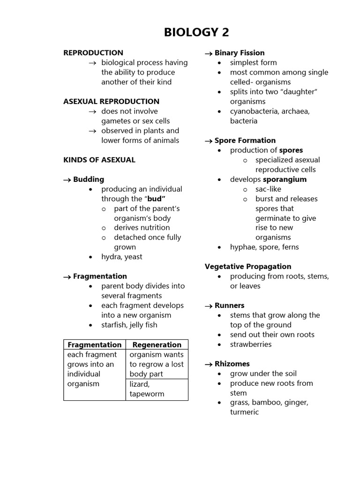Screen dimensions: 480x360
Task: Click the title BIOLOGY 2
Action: pyautogui.click(x=196, y=32)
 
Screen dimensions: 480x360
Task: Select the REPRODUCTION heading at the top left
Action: pyautogui.click(x=93, y=53)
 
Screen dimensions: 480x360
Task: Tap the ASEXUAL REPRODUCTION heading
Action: pyautogui.click(x=111, y=101)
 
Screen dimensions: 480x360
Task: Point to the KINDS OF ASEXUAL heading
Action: pyautogui.click(x=99, y=160)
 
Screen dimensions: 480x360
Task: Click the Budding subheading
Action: pyautogui.click(x=89, y=180)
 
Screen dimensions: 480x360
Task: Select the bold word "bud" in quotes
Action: pyautogui.click(x=157, y=199)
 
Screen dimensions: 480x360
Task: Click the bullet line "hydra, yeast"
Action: pyautogui.click(x=122, y=257)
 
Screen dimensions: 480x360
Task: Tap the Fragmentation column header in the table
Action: pyautogui.click(x=94, y=345)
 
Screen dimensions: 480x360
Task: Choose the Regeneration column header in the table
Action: pyautogui.click(x=157, y=345)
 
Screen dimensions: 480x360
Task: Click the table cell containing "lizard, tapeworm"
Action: pyautogui.click(x=147, y=389)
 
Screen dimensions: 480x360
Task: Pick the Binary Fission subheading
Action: pyautogui.click(x=239, y=53)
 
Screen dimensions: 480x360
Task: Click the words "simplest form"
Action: pyautogui.click(x=253, y=63)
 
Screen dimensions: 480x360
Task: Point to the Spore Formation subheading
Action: pyautogui.click(x=245, y=141)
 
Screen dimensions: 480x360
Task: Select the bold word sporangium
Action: pyautogui.click(x=285, y=180)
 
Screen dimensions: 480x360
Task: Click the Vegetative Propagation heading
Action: pyautogui.click(x=248, y=267)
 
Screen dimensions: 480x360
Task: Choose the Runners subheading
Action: pyautogui.click(x=229, y=306)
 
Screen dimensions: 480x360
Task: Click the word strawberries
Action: pyautogui.click(x=251, y=345)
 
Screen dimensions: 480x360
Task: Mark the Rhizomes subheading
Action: pyautogui.click(x=232, y=364)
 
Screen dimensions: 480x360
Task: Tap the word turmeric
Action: pyautogui.click(x=244, y=412)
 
